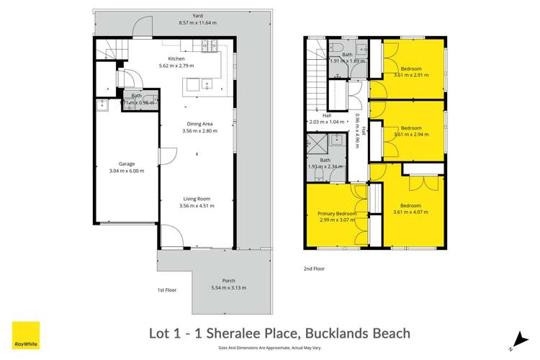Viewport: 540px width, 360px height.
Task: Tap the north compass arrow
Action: [517, 336]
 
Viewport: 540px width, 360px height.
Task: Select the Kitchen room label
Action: [176, 58]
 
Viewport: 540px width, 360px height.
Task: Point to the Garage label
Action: [127, 163]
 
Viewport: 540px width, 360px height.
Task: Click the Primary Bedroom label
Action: [337, 214]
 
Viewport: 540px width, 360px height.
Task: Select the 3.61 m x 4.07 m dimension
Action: [411, 212]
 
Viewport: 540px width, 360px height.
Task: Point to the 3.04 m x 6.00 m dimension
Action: [127, 171]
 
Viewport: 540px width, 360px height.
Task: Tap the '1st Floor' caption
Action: [168, 289]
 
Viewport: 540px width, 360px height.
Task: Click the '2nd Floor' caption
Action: [314, 269]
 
